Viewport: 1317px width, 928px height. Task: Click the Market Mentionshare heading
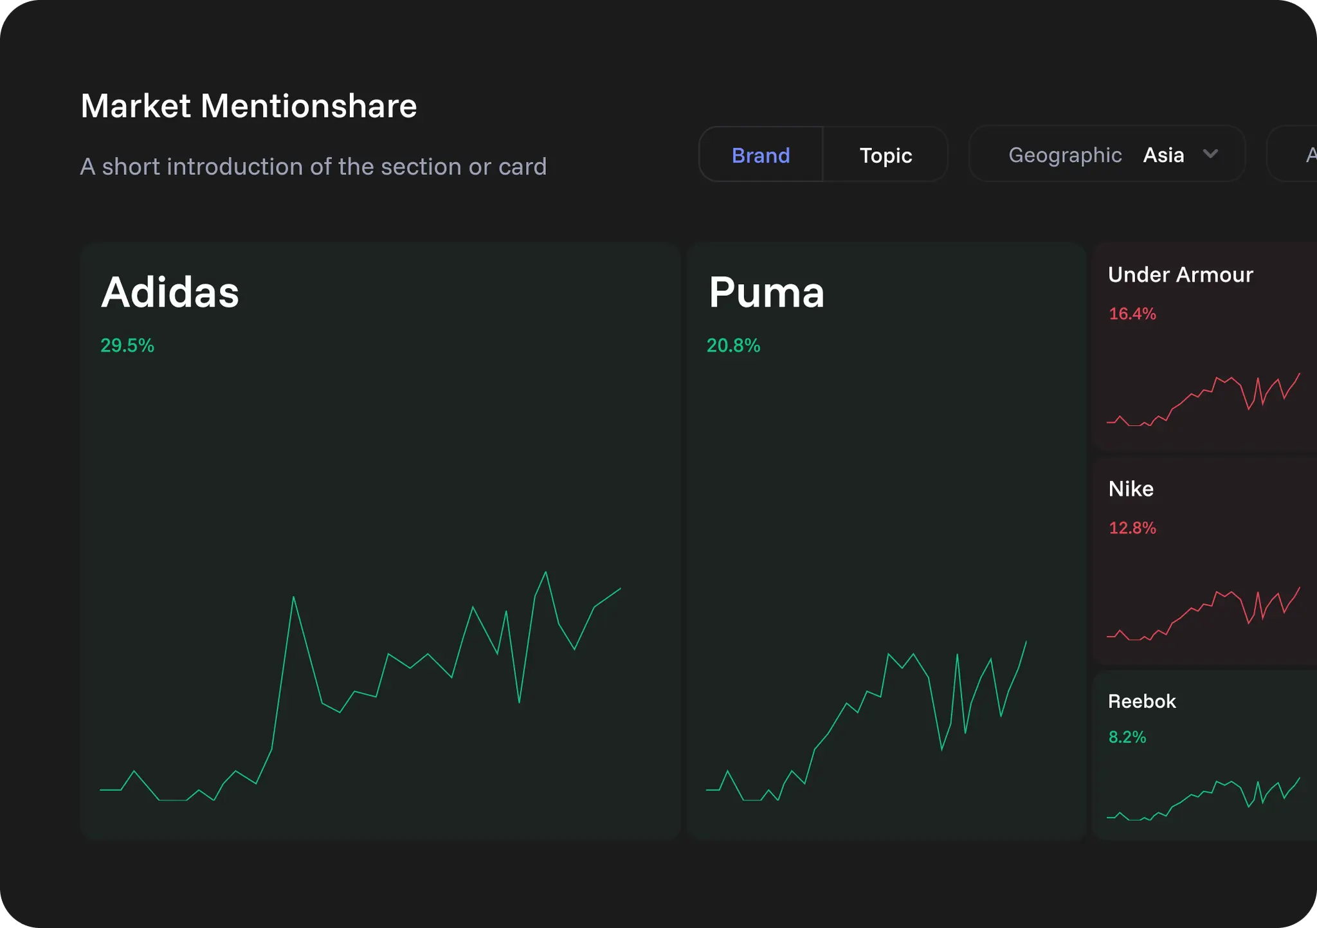248,106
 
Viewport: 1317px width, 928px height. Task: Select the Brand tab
760,155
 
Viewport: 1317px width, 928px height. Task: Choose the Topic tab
886,155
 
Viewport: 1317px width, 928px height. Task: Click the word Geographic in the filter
1064,155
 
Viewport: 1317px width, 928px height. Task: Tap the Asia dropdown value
1163,155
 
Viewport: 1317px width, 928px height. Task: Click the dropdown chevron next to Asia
1210,154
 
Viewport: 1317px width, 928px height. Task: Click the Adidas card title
170,293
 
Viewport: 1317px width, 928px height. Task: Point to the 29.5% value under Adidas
127,345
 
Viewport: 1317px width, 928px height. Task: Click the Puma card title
766,293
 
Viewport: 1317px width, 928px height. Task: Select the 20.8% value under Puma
733,345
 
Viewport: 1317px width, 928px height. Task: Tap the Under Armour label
1180,275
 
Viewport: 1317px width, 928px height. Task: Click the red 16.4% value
1132,314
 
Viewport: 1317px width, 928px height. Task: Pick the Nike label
1131,489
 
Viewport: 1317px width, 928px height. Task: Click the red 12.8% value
1132,528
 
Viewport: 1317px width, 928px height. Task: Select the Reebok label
1141,701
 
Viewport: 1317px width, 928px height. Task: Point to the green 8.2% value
1127,737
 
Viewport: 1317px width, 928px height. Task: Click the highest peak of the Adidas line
545,572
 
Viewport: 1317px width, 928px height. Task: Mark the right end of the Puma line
1026,641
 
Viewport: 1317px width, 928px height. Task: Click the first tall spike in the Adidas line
293,597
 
